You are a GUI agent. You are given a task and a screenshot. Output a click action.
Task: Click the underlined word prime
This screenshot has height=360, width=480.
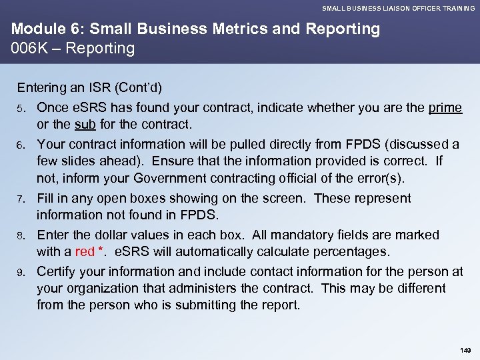(445, 108)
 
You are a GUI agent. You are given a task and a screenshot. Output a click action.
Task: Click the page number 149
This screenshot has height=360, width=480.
(465, 349)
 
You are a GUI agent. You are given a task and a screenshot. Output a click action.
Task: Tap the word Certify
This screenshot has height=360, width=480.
(57, 271)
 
